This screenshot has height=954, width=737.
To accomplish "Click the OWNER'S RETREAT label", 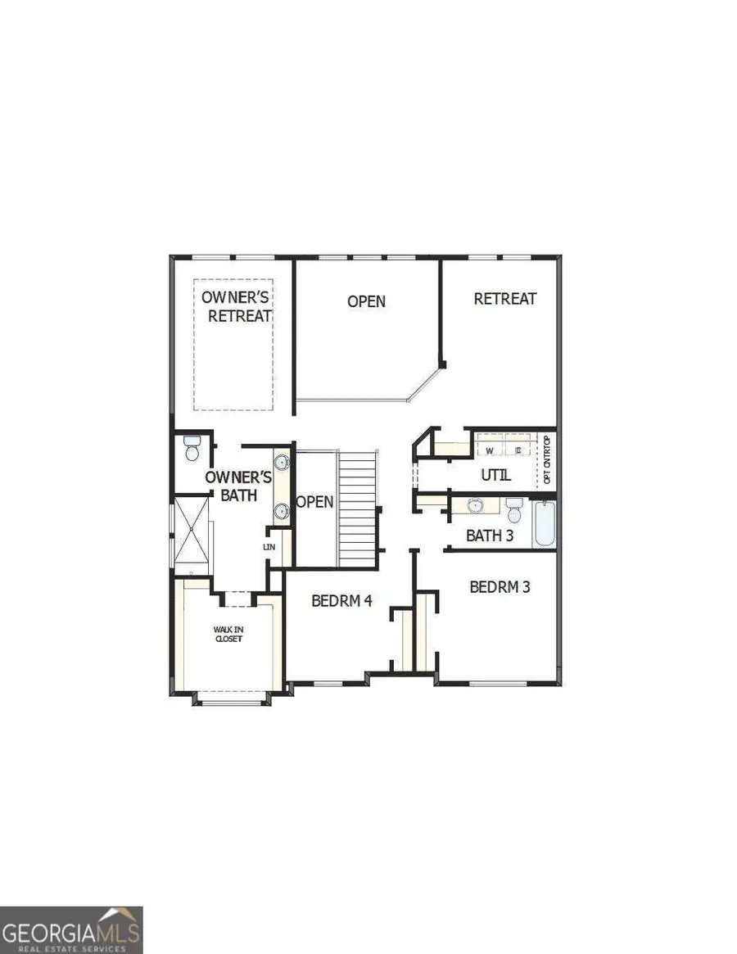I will (237, 305).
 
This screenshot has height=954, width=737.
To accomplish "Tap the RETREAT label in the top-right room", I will (505, 299).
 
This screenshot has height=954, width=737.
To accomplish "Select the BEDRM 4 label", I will (342, 600).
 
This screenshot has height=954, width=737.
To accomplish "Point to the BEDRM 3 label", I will (500, 587).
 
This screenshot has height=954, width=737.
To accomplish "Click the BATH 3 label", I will (491, 536).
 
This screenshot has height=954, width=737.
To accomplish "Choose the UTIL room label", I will (496, 474).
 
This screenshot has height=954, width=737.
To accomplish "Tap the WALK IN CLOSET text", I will (228, 634).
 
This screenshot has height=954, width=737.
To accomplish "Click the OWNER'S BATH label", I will (232, 486).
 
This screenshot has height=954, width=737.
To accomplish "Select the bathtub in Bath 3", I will (545, 525).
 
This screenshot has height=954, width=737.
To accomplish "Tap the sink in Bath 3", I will (476, 505).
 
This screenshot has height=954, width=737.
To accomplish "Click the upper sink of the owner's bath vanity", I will (282, 462).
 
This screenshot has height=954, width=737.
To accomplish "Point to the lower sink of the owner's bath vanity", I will (282, 512).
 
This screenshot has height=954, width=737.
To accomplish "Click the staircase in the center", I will (358, 508).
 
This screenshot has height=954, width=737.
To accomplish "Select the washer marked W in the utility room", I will (490, 450).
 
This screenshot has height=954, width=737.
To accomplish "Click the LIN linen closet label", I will (269, 546).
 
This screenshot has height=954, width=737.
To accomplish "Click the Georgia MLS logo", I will (71, 930).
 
